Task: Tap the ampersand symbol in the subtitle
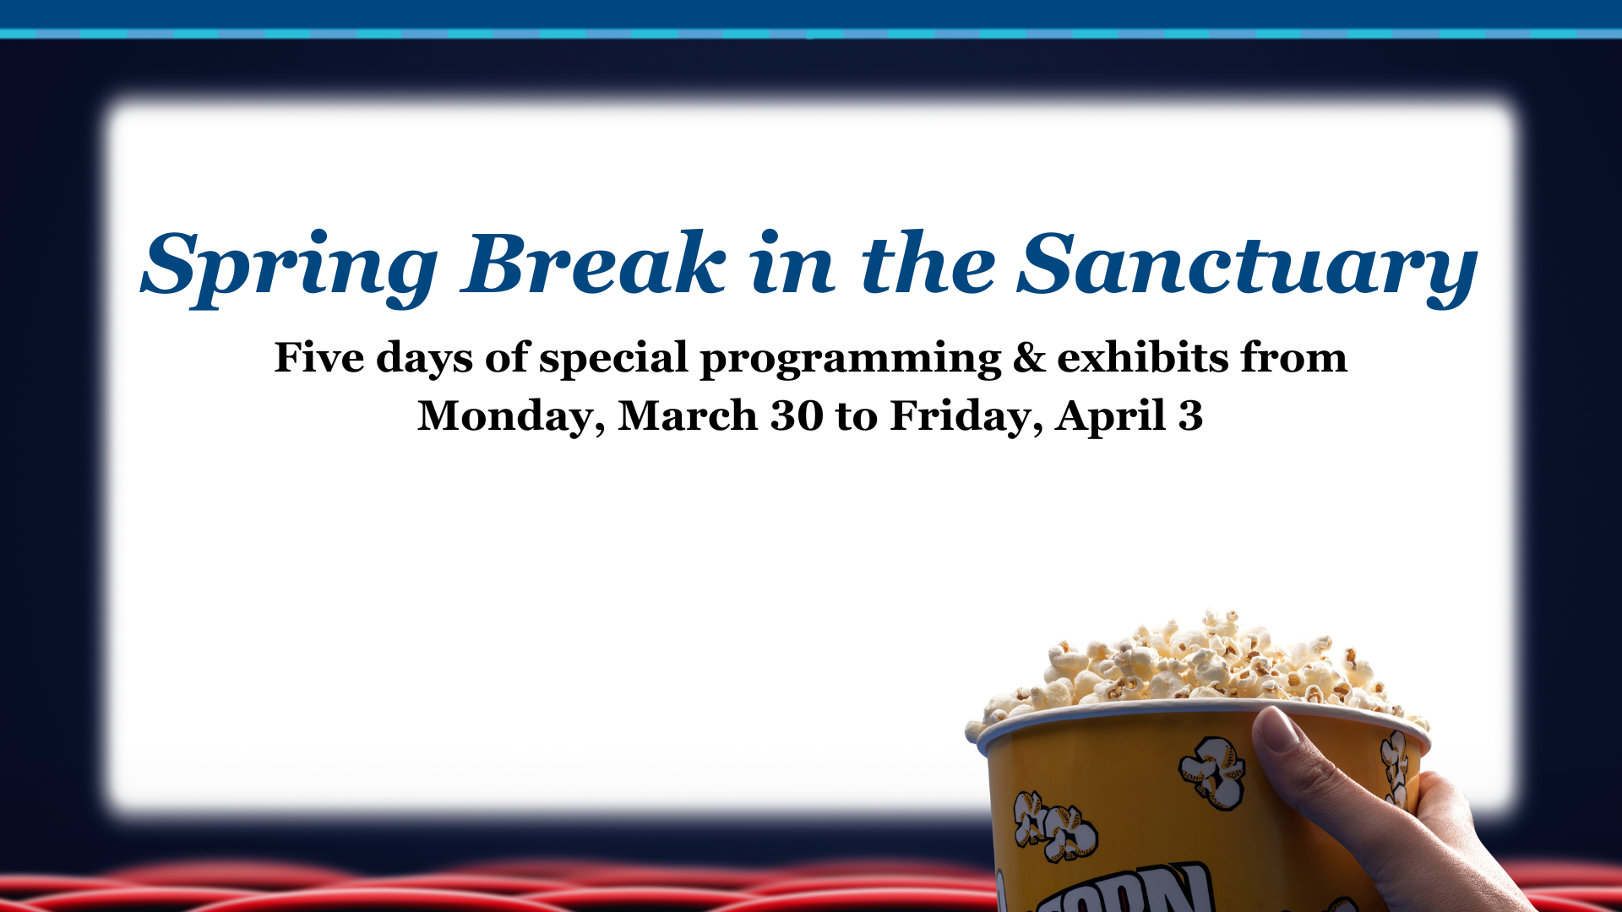coord(1029,357)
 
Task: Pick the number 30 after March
coord(797,416)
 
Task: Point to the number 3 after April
coord(1190,416)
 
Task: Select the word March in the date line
coord(688,416)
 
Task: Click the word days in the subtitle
coord(424,359)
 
